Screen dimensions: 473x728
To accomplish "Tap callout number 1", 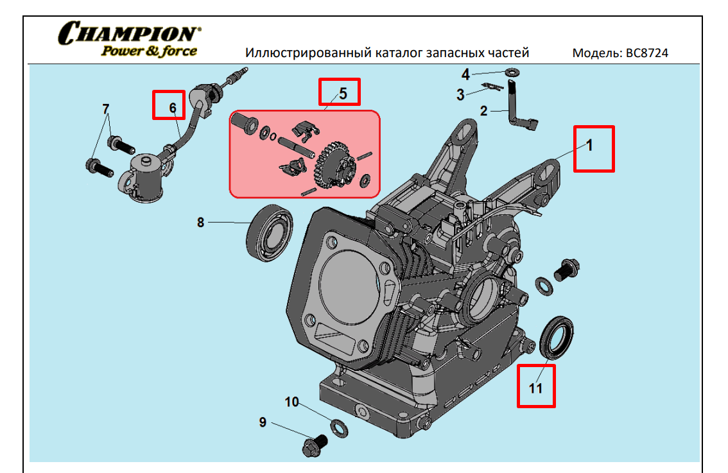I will (x=589, y=145).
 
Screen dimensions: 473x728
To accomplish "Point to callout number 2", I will (x=484, y=111).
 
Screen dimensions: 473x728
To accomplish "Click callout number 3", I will (x=460, y=96).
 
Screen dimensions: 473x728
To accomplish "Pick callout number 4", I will (x=466, y=74).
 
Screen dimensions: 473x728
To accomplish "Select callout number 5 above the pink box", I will (x=343, y=93).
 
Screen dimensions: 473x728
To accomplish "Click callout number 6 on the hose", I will (x=173, y=108).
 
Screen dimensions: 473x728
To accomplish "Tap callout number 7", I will (x=106, y=108).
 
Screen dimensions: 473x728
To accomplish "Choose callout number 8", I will (x=200, y=223).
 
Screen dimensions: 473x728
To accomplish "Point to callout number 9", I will (x=263, y=422).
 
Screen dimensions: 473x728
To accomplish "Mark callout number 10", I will (x=292, y=402).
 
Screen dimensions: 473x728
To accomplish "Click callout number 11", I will (x=535, y=388).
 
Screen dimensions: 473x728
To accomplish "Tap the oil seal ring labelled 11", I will (x=557, y=337).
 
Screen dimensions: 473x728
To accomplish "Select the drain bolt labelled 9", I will (x=314, y=444).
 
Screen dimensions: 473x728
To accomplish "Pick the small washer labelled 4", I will (x=513, y=71).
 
